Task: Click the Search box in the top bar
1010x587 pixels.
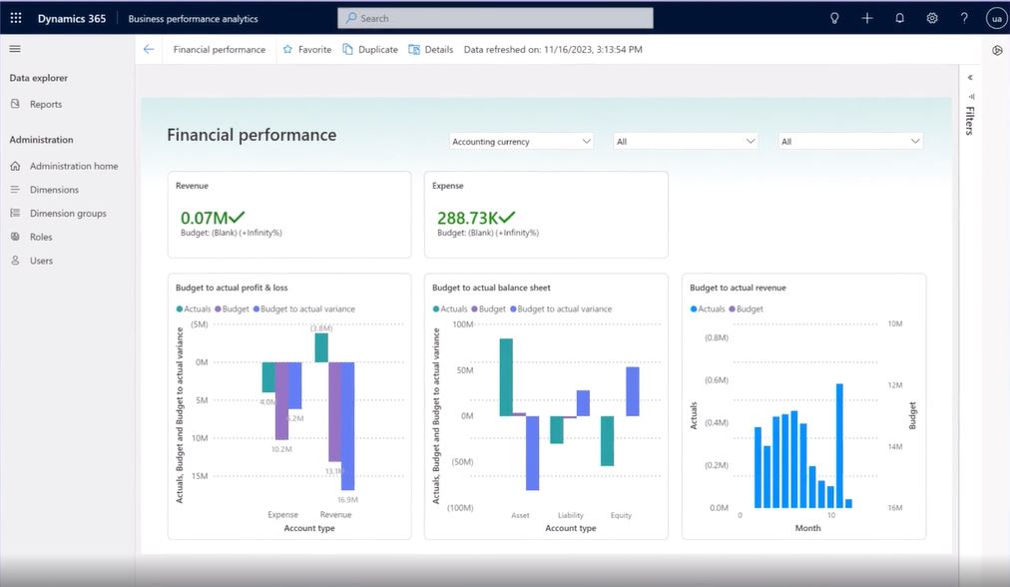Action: (x=495, y=18)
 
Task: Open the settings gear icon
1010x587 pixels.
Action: (x=932, y=18)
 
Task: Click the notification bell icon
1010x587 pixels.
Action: (x=899, y=18)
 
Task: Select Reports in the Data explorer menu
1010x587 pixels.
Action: (x=45, y=104)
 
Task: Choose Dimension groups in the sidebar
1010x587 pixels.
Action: (x=67, y=214)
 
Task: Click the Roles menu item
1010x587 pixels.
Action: (x=41, y=238)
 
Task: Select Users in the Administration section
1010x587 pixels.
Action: (x=41, y=261)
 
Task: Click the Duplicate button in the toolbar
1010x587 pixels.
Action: (x=369, y=49)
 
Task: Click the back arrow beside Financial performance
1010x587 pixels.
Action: (x=149, y=49)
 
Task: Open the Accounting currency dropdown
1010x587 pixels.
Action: (x=521, y=142)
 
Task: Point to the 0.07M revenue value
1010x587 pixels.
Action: (x=204, y=217)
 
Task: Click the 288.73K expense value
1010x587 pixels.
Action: (x=467, y=217)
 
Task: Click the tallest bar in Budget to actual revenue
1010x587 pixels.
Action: (x=839, y=445)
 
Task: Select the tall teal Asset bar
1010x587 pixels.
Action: (x=506, y=376)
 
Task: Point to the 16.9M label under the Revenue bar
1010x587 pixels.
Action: (x=347, y=499)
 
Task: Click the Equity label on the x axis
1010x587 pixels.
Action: (x=621, y=515)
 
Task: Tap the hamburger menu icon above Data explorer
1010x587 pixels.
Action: (x=15, y=49)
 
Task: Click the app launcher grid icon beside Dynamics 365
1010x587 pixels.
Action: (x=16, y=18)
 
